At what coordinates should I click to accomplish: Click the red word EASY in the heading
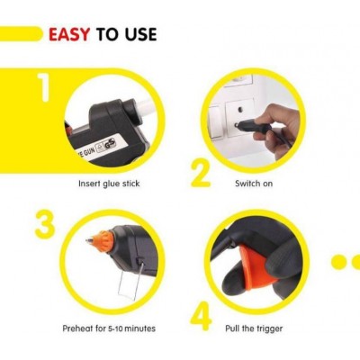(x=69, y=34)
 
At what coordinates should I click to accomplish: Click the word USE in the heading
(x=141, y=34)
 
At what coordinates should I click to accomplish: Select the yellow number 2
(x=201, y=174)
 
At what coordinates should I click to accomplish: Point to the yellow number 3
(x=45, y=224)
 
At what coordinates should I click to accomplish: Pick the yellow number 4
(x=201, y=318)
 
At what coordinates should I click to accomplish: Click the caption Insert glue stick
(x=109, y=184)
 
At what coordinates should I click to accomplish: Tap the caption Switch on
(x=254, y=184)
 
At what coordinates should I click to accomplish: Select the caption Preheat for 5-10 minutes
(x=109, y=328)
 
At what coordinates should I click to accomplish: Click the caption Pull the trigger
(x=254, y=328)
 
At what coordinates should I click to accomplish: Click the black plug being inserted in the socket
(x=251, y=126)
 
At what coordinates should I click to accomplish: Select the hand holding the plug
(x=274, y=128)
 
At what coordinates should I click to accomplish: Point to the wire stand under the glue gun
(x=130, y=281)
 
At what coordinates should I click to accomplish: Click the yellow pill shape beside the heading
(x=21, y=34)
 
